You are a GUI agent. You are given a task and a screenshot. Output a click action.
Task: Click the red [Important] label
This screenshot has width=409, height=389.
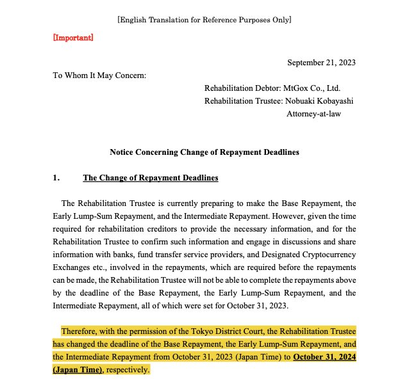pos(73,38)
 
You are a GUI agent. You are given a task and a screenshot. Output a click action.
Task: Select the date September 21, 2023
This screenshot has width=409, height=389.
pos(321,62)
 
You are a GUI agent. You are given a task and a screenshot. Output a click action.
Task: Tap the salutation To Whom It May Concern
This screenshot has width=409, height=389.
pos(99,75)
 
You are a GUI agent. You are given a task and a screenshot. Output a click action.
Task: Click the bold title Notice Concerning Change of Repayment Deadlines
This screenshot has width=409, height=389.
pos(204,152)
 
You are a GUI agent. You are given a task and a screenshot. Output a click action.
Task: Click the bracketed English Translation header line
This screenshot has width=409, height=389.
pos(204,20)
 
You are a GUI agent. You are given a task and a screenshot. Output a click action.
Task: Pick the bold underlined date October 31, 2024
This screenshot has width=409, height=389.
pos(324,357)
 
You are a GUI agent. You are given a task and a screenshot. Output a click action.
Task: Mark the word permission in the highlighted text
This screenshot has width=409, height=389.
pos(150,331)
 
